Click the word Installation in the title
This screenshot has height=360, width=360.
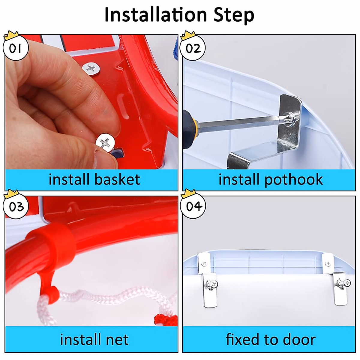click(156, 15)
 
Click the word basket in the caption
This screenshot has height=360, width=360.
click(117, 179)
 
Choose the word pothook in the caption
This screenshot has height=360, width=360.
click(293, 180)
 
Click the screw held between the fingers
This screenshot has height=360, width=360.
click(105, 142)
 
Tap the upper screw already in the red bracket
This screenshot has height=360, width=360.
click(91, 69)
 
